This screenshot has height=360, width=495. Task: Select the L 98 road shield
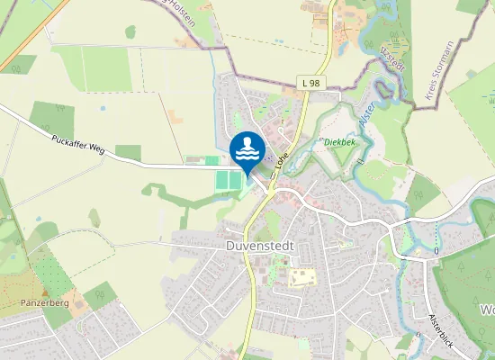pyautogui.click(x=310, y=84)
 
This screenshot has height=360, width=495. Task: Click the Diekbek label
pyautogui.click(x=339, y=141)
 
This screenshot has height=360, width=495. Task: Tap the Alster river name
pyautogui.click(x=365, y=116)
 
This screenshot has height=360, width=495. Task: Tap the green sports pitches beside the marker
pyautogui.click(x=229, y=180)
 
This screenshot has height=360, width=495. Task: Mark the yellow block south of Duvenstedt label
pyautogui.click(x=303, y=277)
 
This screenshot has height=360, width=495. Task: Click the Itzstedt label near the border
pyautogui.click(x=393, y=58)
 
